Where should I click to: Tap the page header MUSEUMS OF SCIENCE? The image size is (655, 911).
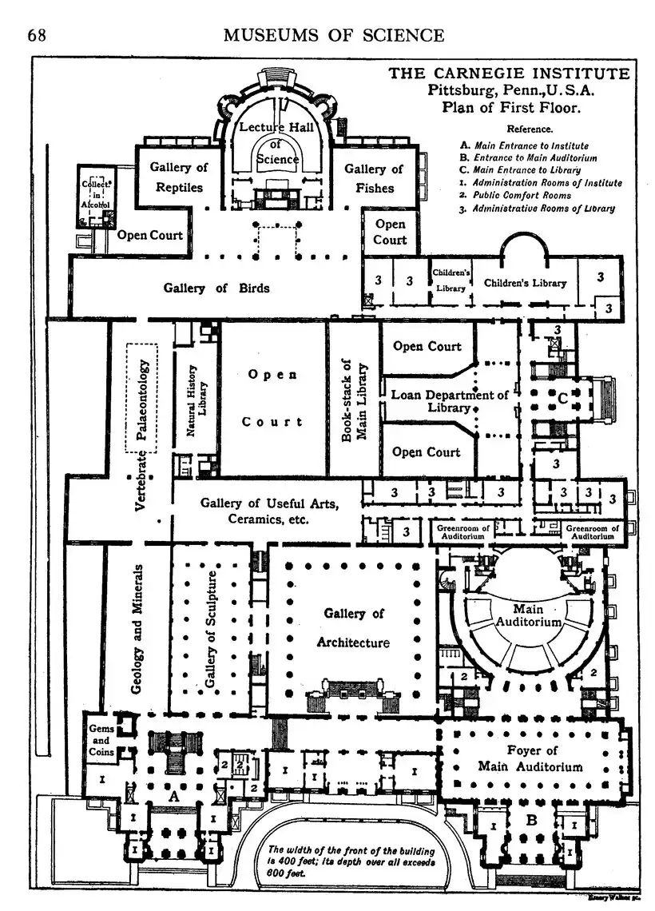click(x=333, y=35)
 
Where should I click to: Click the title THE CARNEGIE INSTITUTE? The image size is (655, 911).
click(x=509, y=74)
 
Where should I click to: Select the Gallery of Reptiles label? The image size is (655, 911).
click(x=179, y=177)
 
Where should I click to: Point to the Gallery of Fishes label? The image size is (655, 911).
click(x=374, y=177)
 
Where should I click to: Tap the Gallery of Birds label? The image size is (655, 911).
click(x=216, y=288)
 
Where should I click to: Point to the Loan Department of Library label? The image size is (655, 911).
click(x=449, y=400)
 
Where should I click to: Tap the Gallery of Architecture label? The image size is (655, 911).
click(x=354, y=627)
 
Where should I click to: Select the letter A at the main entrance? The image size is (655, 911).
click(x=173, y=796)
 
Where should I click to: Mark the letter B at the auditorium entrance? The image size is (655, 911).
click(x=530, y=818)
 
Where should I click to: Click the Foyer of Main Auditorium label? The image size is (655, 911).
click(x=531, y=758)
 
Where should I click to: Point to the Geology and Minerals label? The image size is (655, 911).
click(x=137, y=629)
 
